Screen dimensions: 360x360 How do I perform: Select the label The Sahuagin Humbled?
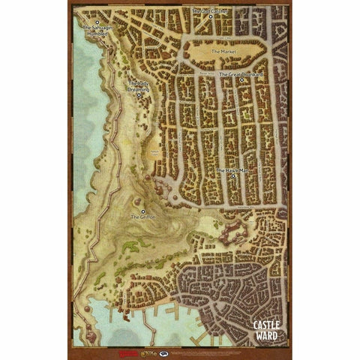[96, 30]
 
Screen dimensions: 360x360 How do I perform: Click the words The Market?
[224, 52]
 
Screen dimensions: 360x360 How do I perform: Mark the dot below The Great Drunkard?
[241, 81]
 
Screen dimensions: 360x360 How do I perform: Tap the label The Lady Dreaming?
[139, 86]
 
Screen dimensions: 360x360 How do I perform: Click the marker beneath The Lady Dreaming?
[139, 95]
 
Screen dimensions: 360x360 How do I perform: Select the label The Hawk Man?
[232, 171]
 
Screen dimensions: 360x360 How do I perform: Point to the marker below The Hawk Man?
[233, 177]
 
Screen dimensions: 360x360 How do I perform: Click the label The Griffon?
[142, 216]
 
